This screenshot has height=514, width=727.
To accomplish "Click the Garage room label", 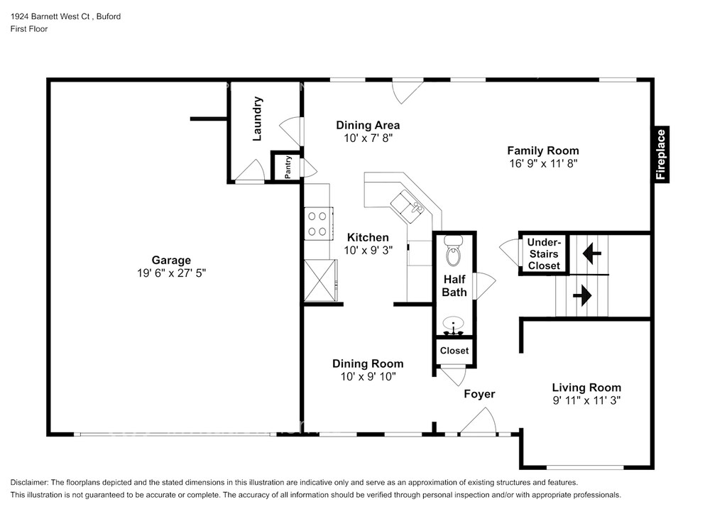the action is coord(171,260).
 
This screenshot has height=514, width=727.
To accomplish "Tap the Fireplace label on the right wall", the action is coord(661,155).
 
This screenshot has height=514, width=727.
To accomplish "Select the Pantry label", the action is coord(288,167).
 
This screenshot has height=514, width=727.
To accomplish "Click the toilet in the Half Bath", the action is coord(454,250).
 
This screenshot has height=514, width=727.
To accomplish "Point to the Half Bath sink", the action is coord(454,325).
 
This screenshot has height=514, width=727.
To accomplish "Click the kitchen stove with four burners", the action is coord(318,224).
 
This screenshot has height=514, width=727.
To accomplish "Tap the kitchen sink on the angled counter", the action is coord(407,207).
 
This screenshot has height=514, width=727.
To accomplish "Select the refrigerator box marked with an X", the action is coord(320,280).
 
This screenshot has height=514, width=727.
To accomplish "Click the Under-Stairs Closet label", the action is coord(544,254).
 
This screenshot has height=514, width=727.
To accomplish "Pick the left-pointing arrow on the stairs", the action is coord(591,253).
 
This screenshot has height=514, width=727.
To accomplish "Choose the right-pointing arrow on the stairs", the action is coord(582,295).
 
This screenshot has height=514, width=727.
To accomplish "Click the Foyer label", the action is coord(479,394).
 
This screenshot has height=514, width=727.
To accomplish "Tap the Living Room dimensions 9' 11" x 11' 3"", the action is coord(586,400).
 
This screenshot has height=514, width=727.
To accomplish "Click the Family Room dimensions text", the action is coord(543,163).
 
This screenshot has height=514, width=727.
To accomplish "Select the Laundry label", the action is coord(257,119).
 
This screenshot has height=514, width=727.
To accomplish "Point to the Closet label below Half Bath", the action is coord(454,351).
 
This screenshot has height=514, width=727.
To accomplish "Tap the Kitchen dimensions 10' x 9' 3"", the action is coord(368,251).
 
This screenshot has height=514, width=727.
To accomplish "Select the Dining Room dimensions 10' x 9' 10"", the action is coord(368,376).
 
